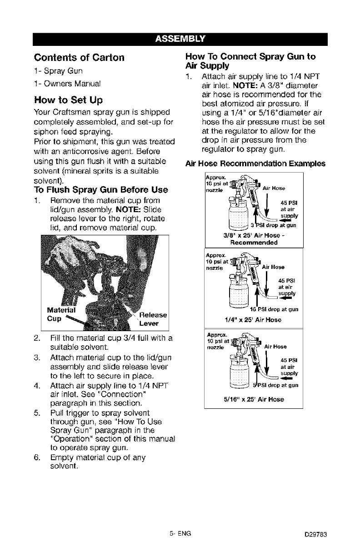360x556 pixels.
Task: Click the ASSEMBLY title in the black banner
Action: coord(180,37)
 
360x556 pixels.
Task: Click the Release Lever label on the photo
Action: coord(153,319)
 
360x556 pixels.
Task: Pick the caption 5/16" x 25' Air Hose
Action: coord(253,400)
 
